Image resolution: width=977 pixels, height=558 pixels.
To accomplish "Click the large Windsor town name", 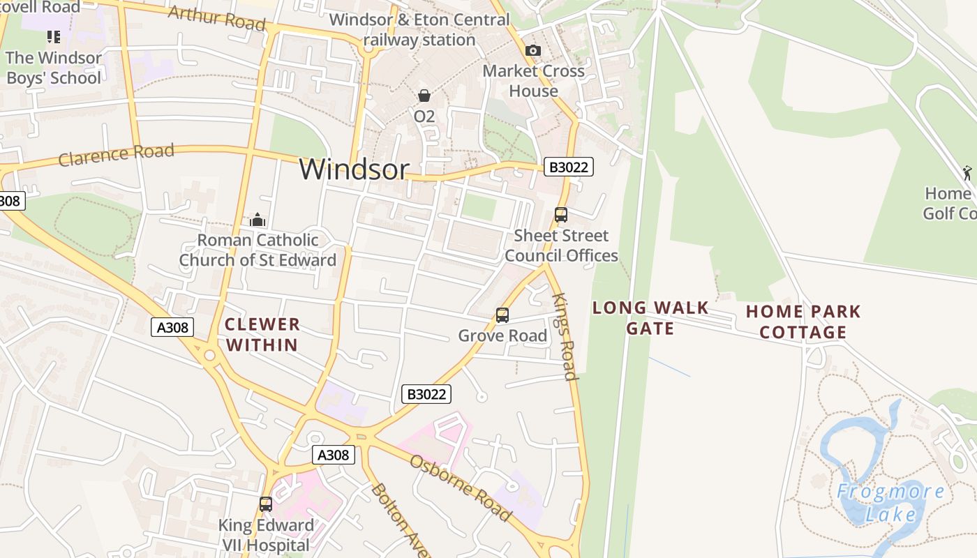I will click(x=354, y=169).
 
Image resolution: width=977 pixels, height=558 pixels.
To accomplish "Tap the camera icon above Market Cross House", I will click(x=533, y=50).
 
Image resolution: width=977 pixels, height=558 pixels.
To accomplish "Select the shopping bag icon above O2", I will click(x=424, y=96).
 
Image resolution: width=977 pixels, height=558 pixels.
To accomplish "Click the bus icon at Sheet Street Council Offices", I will click(x=561, y=215).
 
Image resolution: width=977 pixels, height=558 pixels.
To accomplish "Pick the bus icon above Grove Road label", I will click(x=502, y=315).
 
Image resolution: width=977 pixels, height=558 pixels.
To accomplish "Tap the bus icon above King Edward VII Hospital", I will click(x=266, y=504).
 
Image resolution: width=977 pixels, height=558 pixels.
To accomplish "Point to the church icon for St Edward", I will click(x=258, y=220).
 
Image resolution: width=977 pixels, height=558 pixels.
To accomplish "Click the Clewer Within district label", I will click(x=262, y=334).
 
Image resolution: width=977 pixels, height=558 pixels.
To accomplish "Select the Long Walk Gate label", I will click(x=650, y=318).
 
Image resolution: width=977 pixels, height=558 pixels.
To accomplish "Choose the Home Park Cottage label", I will click(x=803, y=322).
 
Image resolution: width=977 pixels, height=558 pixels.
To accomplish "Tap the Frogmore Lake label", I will click(x=891, y=503).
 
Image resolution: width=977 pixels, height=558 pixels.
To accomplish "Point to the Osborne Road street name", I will click(x=461, y=488).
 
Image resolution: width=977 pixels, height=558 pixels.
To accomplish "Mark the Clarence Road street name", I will click(x=116, y=155).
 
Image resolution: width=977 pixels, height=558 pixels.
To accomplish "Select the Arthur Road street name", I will click(x=217, y=19).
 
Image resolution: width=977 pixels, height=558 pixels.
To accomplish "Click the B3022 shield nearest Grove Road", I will click(x=426, y=394).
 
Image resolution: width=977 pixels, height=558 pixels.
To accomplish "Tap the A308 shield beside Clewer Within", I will click(x=172, y=327).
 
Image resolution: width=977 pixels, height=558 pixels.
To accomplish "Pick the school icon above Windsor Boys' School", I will click(x=54, y=36).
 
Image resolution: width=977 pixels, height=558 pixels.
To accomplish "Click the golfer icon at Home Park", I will click(x=967, y=172).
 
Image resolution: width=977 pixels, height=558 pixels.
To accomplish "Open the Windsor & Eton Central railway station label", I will click(x=419, y=30).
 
